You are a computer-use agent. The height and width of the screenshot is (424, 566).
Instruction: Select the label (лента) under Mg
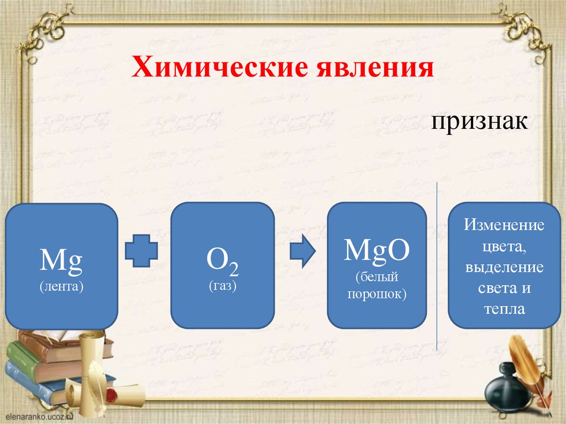pos(61,287)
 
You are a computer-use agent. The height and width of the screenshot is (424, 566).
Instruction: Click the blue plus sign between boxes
pos(142,252)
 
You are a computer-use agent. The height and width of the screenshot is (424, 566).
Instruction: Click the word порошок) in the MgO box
pos(377,294)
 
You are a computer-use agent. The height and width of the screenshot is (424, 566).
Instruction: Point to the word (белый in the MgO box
pos(377,276)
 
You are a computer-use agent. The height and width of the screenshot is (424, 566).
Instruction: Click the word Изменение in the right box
pos(504,225)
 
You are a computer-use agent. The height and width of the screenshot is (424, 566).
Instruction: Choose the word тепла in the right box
pos(504,309)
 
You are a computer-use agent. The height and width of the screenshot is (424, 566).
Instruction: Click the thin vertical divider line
pos(437,265)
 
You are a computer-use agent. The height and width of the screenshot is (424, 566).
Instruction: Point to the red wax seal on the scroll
pos(113,396)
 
